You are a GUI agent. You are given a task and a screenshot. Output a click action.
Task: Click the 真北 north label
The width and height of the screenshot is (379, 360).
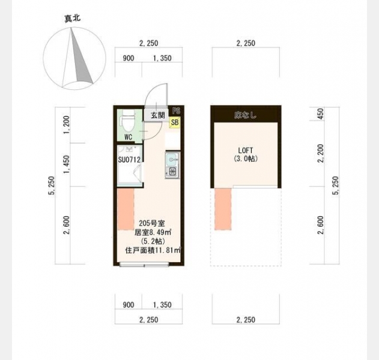pyautogui.click(x=73, y=19)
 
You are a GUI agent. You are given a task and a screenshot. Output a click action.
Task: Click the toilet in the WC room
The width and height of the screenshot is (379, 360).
pyautogui.click(x=128, y=122)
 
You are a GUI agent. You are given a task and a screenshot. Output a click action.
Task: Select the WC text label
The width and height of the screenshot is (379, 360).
pyautogui.click(x=128, y=137)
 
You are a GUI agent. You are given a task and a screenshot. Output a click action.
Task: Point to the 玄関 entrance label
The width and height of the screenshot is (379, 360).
pyautogui.click(x=158, y=115)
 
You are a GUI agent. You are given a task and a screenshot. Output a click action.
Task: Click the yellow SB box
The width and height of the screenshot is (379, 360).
pyautogui.click(x=175, y=122)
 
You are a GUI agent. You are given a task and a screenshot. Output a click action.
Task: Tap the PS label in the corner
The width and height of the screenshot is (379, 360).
pyautogui.click(x=176, y=111)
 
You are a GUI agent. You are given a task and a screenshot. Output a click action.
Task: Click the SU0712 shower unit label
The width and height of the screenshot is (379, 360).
pyautogui.click(x=129, y=160)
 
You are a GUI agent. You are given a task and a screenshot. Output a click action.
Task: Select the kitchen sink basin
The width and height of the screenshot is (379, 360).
pyautogui.click(x=172, y=160)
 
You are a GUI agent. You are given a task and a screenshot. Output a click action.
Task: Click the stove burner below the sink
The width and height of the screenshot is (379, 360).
pyautogui.click(x=172, y=172)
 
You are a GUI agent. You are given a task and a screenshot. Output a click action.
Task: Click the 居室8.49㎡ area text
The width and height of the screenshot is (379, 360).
pyautogui.click(x=153, y=232)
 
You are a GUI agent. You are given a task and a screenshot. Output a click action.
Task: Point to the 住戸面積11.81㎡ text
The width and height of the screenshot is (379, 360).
pyautogui.click(x=153, y=250)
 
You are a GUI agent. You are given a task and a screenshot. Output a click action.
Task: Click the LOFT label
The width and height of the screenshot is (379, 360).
pyautogui.click(x=246, y=151)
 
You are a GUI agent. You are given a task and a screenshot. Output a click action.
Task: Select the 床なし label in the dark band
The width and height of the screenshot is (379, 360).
pyautogui.click(x=245, y=115)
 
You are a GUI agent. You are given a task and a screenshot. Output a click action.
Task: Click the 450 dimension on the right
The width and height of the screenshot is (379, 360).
pyautogui.click(x=320, y=114)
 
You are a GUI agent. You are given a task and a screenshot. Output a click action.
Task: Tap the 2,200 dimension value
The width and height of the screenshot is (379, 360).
pyautogui.click(x=321, y=154)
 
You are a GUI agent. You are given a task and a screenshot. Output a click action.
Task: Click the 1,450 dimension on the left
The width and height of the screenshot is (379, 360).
pyautogui.click(x=67, y=164)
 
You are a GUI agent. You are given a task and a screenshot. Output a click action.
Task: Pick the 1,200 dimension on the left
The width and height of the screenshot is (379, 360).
pyautogui.click(x=67, y=125)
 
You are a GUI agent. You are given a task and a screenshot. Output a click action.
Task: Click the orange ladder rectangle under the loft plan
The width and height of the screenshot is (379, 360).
pyautogui.click(x=223, y=209)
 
